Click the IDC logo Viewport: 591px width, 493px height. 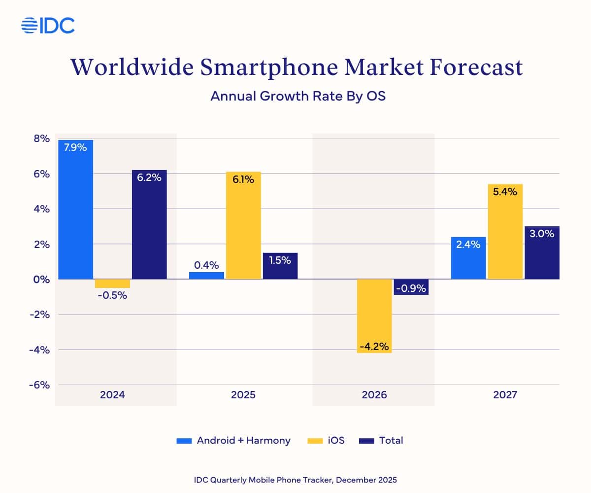tap(48, 25)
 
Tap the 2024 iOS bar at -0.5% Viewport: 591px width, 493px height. tap(112, 283)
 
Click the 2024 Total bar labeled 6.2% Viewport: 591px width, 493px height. tap(149, 224)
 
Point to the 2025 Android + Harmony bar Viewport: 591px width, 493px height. tap(206, 276)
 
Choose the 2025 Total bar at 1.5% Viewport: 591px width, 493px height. tap(280, 266)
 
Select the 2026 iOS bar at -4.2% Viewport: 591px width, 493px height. tap(374, 316)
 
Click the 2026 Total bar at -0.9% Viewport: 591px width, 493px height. tap(411, 287)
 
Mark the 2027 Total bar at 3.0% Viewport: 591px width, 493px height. tap(542, 252)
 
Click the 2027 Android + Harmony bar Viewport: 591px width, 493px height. tap(468, 258)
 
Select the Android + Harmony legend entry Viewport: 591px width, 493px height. tap(233, 441)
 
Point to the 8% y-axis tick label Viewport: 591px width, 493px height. tap(41, 139)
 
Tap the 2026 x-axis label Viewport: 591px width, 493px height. tap(374, 395)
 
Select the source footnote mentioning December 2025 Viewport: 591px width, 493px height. tap(295, 479)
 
